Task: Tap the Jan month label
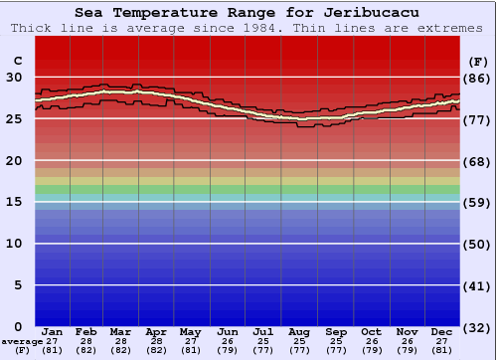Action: point(53,331)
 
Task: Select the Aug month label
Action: point(300,331)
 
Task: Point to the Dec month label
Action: point(442,331)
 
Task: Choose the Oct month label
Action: point(371,331)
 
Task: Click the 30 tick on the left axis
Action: point(14,77)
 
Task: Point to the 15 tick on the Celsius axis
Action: point(14,202)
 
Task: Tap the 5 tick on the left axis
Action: point(19,285)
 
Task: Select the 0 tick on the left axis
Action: point(19,327)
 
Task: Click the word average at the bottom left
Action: point(22,341)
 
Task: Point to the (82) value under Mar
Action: point(121,350)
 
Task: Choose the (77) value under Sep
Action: point(335,350)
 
